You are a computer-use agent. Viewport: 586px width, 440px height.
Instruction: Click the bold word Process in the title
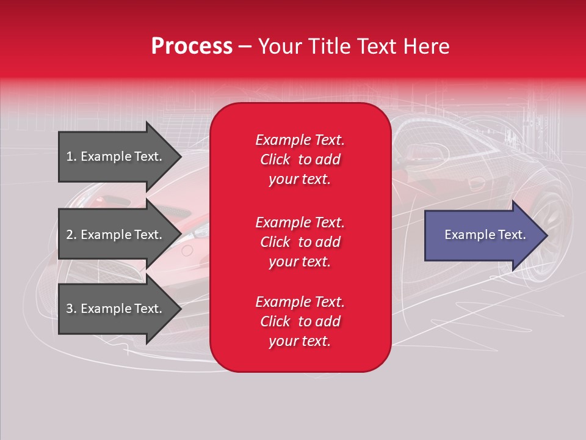point(192,46)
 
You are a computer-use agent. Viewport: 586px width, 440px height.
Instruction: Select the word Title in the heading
point(327,46)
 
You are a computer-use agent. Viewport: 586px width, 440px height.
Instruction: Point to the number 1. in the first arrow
point(71,156)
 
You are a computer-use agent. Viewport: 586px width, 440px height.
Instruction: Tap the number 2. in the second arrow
point(71,235)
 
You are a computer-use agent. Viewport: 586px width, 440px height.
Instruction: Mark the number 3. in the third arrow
point(71,309)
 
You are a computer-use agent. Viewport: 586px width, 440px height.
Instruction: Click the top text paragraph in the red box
point(300,159)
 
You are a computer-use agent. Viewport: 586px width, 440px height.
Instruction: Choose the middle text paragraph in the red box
point(300,242)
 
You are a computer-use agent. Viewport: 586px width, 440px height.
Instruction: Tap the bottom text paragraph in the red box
point(300,321)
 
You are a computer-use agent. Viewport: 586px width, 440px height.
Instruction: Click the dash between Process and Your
point(245,46)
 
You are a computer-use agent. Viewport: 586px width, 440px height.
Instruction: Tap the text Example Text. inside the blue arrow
point(485,235)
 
